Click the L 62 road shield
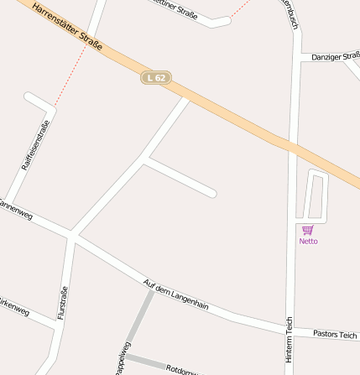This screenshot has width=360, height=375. [156, 77]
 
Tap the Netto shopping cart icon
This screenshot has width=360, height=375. [308, 230]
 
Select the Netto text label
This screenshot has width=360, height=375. [308, 242]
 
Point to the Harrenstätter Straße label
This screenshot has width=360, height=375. [67, 26]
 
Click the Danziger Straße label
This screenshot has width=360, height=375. [335, 56]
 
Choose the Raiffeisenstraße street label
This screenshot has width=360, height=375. [35, 145]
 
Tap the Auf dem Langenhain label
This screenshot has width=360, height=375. [175, 294]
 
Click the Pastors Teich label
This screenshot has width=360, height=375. [335, 334]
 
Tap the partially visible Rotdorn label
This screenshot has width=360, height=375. [181, 369]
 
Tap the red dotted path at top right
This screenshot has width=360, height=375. [242, 9]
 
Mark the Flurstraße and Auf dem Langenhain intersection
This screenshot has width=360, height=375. [72, 237]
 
